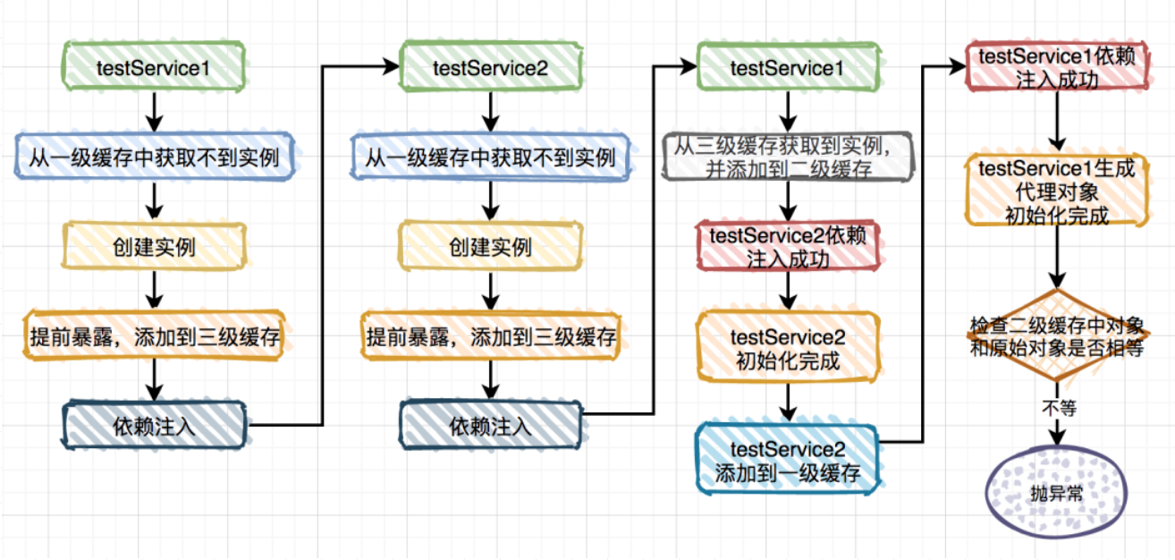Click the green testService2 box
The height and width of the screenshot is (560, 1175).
pyautogui.click(x=490, y=67)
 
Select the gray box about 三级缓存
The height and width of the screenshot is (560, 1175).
pyautogui.click(x=788, y=157)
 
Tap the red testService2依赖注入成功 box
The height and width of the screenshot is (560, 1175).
pyautogui.click(x=788, y=247)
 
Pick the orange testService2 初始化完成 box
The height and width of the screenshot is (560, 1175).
pyautogui.click(x=788, y=347)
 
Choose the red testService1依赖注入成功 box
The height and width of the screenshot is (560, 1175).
pyautogui.click(x=1057, y=67)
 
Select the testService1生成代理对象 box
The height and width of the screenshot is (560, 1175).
pyautogui.click(x=1057, y=191)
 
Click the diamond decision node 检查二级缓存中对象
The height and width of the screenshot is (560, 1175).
pyautogui.click(x=1057, y=335)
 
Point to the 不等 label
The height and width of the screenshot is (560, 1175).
pyautogui.click(x=1059, y=408)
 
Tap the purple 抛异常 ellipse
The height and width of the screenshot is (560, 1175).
pyautogui.click(x=1057, y=492)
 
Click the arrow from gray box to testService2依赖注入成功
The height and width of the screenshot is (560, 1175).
pyautogui.click(x=788, y=201)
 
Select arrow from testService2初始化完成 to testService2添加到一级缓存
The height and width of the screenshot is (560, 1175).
pyautogui.click(x=788, y=403)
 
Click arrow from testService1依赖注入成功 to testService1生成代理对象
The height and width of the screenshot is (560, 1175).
pyautogui.click(x=1057, y=122)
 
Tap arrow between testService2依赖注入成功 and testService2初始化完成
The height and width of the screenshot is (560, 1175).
pyautogui.click(x=788, y=292)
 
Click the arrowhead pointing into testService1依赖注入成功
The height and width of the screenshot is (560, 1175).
pyautogui.click(x=958, y=67)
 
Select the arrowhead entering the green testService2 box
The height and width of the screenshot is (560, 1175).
pyautogui.click(x=392, y=67)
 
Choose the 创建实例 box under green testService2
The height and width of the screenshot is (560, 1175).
pyautogui.click(x=490, y=247)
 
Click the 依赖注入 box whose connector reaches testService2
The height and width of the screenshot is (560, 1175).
pyautogui.click(x=154, y=425)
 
